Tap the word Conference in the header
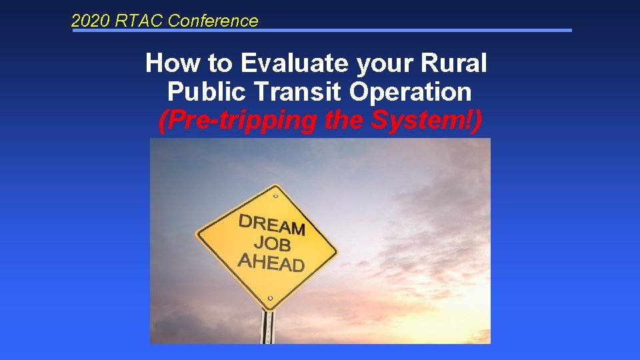(x=213, y=21)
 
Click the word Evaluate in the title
(x=295, y=64)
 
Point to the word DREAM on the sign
(x=272, y=225)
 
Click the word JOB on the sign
(x=272, y=243)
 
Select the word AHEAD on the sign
(x=271, y=261)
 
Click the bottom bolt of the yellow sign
(x=269, y=298)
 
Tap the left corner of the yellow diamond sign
(x=197, y=234)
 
